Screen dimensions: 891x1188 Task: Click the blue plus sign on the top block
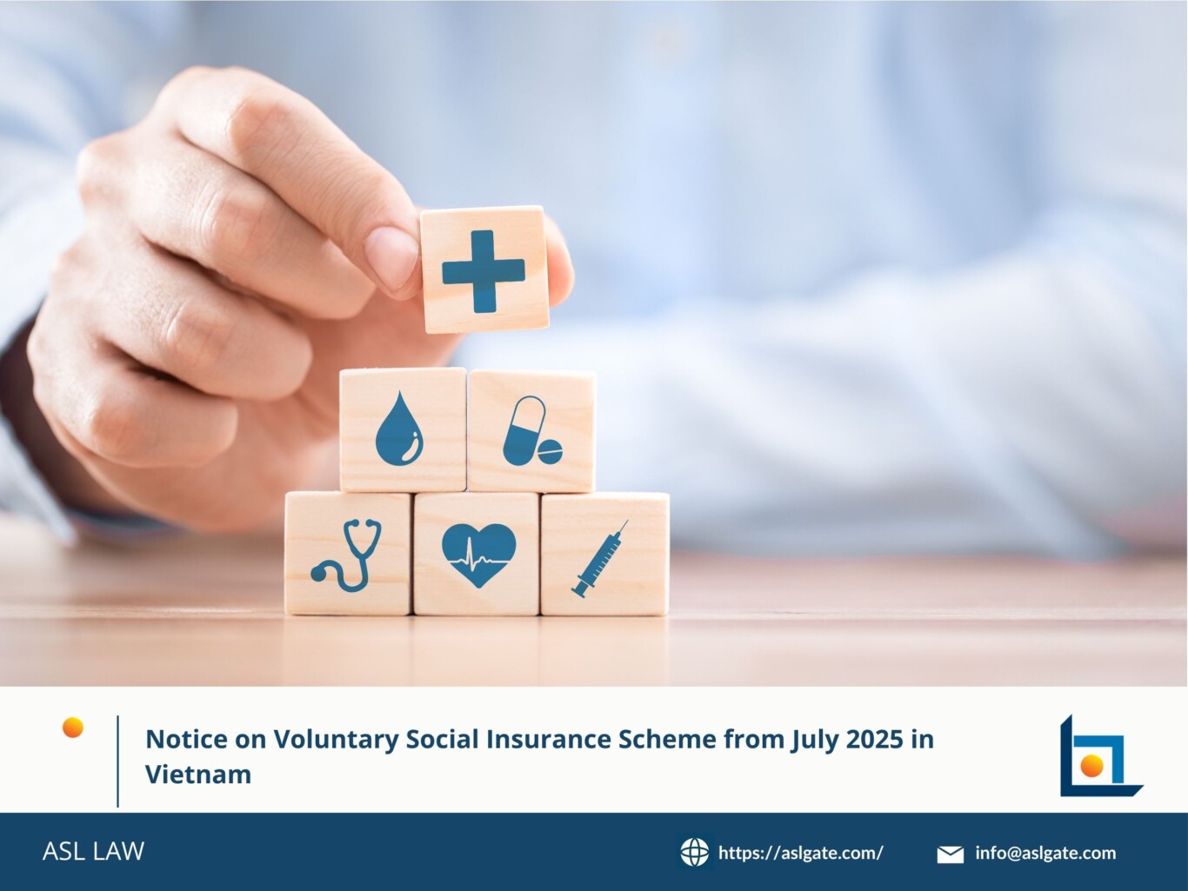483,271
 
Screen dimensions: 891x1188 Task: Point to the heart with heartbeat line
478,555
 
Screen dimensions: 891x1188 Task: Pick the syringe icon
600,559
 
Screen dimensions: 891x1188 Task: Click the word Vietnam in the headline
197,774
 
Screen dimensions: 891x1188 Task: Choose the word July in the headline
815,740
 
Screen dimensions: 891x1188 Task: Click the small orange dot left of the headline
73,728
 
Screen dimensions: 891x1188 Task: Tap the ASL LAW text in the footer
93,851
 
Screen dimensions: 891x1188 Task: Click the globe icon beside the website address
694,853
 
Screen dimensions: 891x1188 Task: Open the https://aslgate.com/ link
800,853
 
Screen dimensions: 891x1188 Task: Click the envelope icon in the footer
950,854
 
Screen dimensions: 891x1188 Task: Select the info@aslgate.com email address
1045,853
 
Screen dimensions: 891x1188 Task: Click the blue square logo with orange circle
1098,757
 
